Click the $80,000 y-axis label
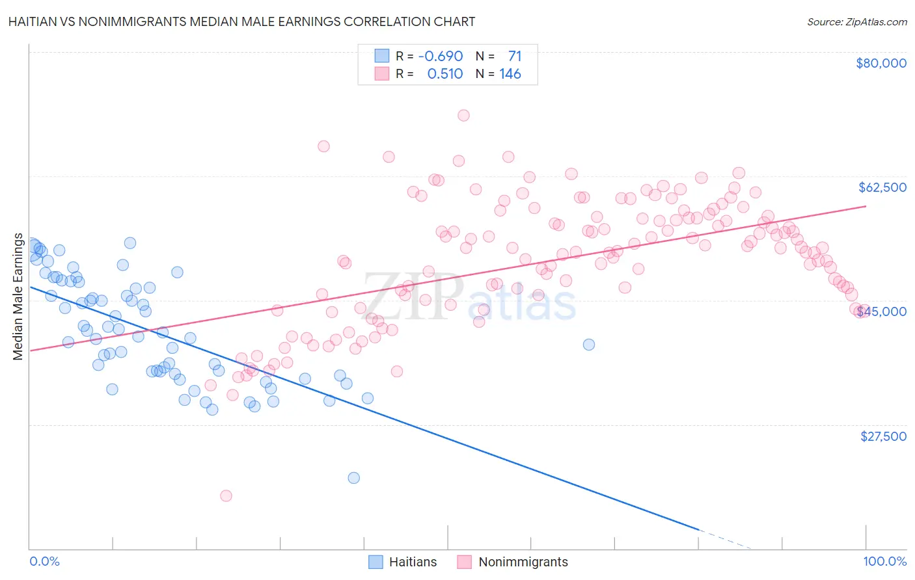881,63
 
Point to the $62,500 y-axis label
882,187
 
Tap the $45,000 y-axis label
882,311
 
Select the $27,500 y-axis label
883,436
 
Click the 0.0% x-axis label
44,562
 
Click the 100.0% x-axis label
884,562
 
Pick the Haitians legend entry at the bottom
402,562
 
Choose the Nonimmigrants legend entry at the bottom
512,562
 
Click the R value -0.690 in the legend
441,57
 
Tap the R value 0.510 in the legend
444,74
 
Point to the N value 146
510,74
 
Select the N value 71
515,57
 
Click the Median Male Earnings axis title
18,297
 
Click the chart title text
241,21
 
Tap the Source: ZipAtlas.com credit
856,22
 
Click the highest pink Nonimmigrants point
463,115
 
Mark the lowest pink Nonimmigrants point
226,495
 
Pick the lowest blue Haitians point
354,478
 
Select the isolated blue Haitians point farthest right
589,345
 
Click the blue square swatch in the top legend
382,57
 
